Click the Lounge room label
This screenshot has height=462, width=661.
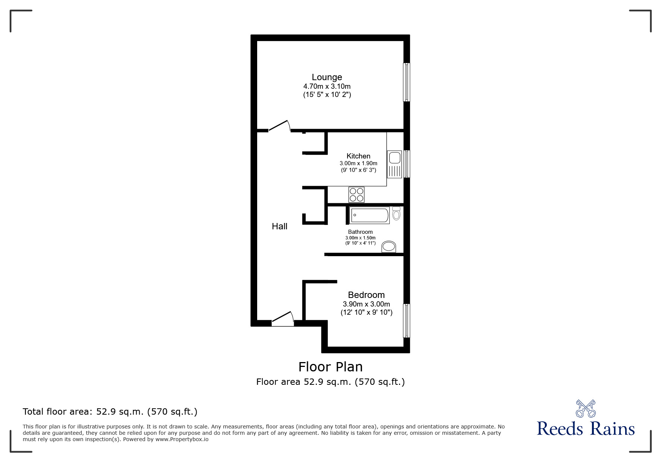[327, 77]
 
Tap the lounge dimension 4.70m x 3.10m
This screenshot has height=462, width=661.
[327, 87]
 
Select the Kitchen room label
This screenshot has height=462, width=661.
[358, 156]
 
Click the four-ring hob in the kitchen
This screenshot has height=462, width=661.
[356, 195]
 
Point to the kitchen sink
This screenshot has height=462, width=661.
[395, 164]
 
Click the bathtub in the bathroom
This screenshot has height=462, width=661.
[370, 215]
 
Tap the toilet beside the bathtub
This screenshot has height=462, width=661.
[396, 214]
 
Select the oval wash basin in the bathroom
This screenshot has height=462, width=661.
[389, 246]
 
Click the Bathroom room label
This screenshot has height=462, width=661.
[360, 232]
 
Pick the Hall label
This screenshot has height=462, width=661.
[280, 226]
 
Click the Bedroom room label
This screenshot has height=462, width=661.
[366, 295]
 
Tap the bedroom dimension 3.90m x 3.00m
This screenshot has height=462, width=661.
[366, 304]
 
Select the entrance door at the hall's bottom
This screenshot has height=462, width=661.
[283, 319]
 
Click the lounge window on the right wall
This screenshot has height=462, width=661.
[406, 82]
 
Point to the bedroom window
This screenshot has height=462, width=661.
[406, 321]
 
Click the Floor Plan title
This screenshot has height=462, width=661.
[330, 367]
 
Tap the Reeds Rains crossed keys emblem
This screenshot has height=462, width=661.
[586, 409]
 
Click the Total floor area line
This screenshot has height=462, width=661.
[110, 412]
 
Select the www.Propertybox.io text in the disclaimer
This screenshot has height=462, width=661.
[182, 439]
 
